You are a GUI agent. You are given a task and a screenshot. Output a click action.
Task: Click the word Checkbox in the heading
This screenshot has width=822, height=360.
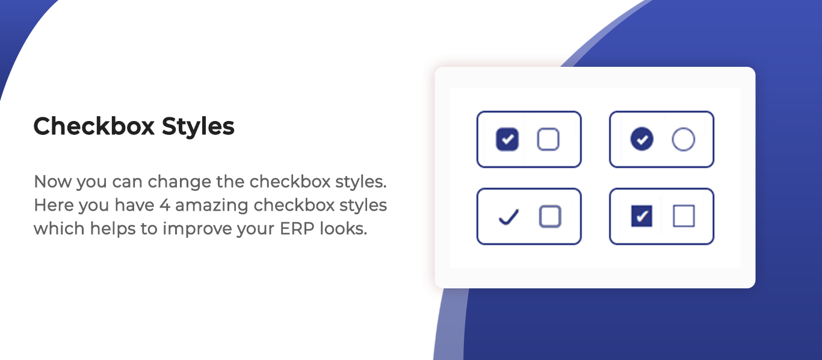(94, 126)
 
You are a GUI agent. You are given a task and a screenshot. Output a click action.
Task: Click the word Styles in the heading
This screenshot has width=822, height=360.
(198, 127)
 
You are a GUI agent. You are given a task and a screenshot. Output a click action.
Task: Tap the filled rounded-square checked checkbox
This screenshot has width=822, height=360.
(507, 139)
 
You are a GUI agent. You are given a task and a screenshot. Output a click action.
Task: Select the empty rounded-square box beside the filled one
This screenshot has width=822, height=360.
(548, 139)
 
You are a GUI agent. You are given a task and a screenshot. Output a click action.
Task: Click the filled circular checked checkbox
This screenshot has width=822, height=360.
(642, 139)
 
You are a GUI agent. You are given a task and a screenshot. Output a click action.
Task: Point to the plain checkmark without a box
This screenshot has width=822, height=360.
(509, 217)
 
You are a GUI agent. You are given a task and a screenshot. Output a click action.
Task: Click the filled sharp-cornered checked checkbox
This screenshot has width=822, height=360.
(642, 216)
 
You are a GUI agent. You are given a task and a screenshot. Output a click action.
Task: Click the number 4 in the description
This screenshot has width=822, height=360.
(165, 205)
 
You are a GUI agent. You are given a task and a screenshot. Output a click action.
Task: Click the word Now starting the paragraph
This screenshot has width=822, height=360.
(52, 182)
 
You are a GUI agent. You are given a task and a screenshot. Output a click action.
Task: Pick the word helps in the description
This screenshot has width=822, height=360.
(113, 229)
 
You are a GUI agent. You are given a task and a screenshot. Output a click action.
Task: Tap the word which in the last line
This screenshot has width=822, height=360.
(59, 229)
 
